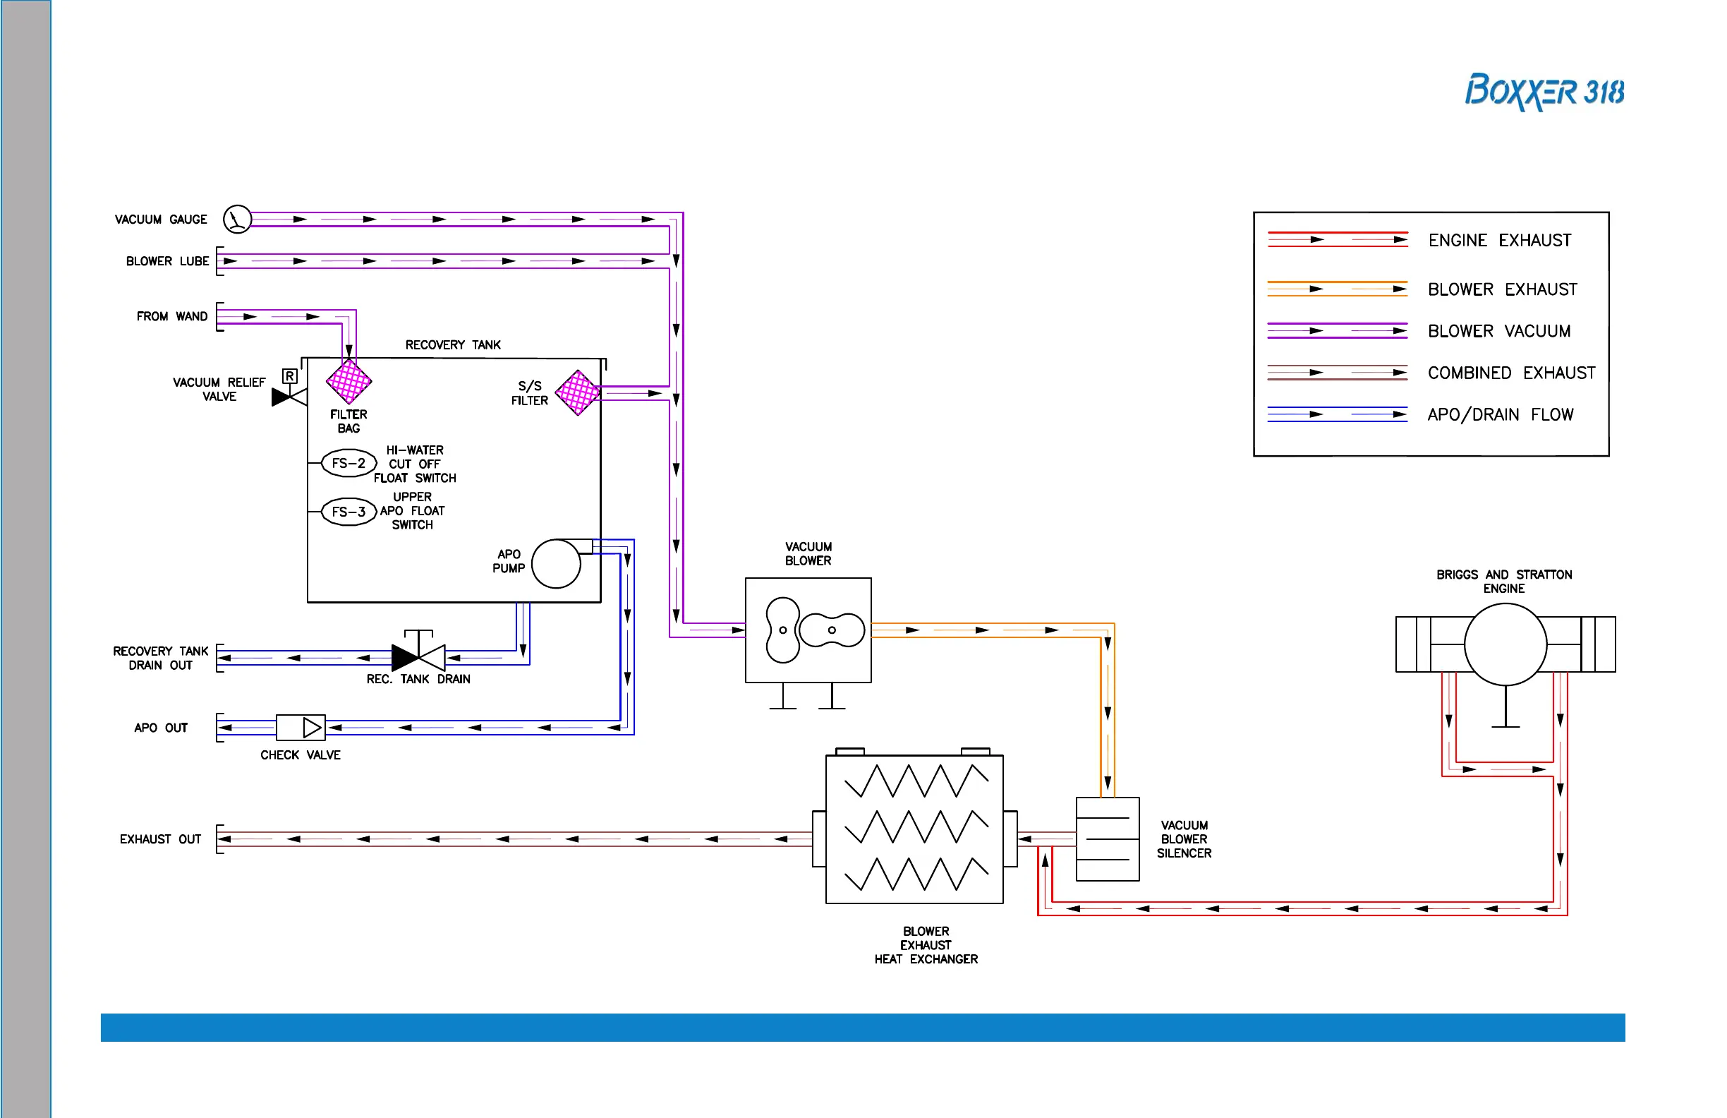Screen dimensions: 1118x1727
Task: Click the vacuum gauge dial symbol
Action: [237, 220]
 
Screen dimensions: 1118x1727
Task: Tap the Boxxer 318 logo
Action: [1544, 92]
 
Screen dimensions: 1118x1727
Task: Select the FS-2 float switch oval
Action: [349, 463]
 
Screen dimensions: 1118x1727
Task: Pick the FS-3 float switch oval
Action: [349, 512]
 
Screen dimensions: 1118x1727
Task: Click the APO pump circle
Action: [556, 563]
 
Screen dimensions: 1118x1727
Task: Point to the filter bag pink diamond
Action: [349, 381]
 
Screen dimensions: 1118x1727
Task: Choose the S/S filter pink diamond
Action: [578, 392]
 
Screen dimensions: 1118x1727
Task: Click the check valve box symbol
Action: [301, 728]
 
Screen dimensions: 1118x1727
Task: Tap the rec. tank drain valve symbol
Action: [418, 656]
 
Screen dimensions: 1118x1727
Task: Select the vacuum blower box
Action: [808, 630]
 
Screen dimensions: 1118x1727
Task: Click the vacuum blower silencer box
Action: [1108, 839]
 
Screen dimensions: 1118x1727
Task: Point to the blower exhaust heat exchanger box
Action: [914, 829]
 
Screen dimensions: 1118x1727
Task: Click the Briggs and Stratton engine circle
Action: [1505, 644]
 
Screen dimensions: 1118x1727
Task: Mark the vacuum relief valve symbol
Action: [289, 397]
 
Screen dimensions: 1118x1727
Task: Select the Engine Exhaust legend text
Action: [1499, 240]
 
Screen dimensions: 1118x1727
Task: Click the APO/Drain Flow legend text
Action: [1500, 414]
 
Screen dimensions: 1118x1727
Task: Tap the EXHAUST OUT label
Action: [160, 839]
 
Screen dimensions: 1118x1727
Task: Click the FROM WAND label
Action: [172, 316]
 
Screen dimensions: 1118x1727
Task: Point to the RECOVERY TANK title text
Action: [453, 345]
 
